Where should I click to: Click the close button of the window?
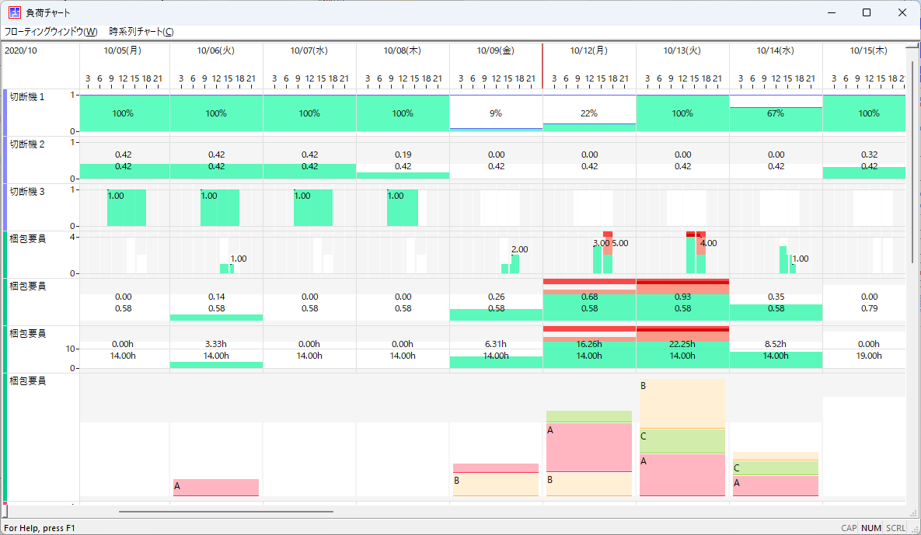(902, 12)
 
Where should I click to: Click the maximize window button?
(867, 12)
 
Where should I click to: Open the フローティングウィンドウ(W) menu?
(51, 32)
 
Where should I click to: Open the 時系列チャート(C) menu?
(141, 32)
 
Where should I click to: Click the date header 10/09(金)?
(495, 50)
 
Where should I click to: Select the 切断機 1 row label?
(27, 97)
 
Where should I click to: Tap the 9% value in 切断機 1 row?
(496, 113)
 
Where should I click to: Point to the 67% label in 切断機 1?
(776, 113)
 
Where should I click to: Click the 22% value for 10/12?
(589, 113)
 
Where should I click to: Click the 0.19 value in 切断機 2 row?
(403, 155)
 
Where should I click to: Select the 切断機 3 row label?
(27, 191)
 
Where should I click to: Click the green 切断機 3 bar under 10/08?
(403, 207)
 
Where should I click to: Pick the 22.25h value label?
(682, 344)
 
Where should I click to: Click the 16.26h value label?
(588, 344)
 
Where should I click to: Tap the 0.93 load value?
(682, 297)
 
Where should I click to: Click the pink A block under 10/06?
(216, 488)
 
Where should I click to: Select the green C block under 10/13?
(682, 441)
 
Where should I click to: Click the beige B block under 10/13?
(682, 404)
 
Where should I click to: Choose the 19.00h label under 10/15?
(869, 356)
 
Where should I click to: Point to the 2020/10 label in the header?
(20, 50)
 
